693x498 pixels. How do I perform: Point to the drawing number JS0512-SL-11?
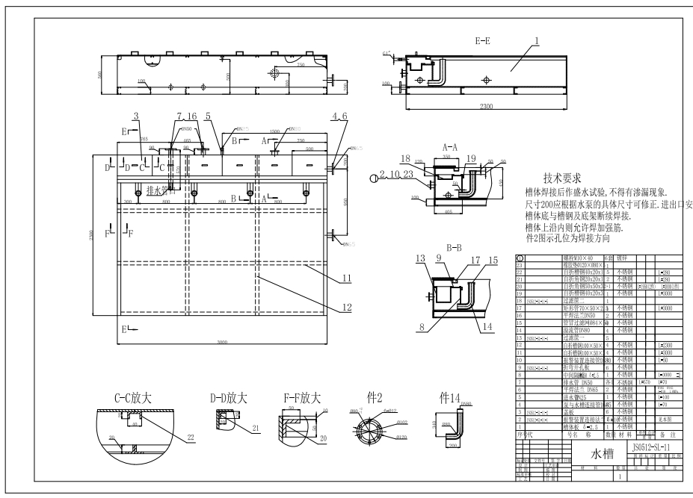pos(655,446)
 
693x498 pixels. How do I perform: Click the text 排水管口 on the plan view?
pos(161,190)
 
